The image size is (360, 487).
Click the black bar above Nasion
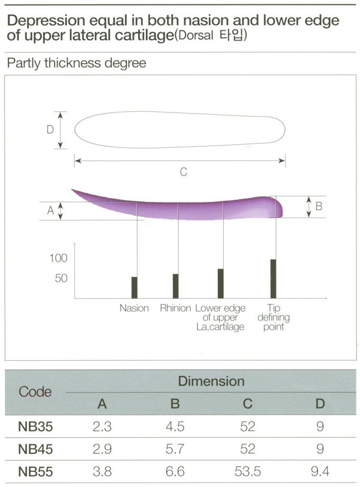(134, 288)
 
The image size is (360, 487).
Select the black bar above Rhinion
(175, 286)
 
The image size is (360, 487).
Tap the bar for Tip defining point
(273, 279)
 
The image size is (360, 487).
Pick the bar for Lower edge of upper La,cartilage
(221, 283)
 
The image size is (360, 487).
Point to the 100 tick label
(58, 259)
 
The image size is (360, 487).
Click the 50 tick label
(61, 279)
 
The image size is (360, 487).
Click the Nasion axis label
(134, 309)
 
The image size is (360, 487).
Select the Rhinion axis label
(175, 309)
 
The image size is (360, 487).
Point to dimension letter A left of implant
(50, 210)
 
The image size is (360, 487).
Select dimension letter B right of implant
(319, 206)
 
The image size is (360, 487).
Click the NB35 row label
(35, 428)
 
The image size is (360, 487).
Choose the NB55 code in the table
(35, 471)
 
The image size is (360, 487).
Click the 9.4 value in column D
(320, 471)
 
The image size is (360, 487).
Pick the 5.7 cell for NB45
(175, 449)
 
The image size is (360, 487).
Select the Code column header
(35, 392)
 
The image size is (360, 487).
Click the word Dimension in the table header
(211, 381)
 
